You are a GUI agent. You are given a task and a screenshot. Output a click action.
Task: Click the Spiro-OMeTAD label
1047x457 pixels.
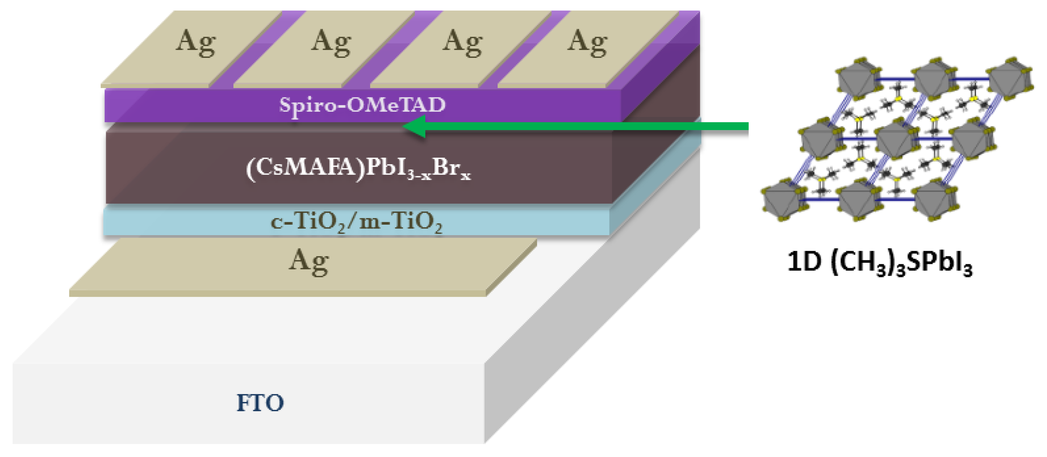point(362,105)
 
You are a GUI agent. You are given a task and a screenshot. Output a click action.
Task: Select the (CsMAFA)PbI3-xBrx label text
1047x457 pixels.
point(358,168)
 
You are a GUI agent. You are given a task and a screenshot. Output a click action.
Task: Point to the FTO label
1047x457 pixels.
point(260,403)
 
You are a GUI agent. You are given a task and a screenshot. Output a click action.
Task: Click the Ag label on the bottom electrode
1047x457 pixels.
point(309,261)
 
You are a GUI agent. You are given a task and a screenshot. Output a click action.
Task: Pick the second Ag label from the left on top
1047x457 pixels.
point(331,42)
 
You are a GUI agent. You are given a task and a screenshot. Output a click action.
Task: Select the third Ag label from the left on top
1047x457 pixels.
point(462,42)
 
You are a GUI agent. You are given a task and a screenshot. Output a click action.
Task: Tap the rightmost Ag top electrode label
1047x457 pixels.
point(587,42)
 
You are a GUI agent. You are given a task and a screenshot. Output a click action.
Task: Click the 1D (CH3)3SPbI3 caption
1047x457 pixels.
point(880,262)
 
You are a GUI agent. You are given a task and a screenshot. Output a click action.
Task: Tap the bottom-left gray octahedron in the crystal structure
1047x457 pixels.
point(780,201)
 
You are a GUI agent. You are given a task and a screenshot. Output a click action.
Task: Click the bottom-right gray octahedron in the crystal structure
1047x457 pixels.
point(935,201)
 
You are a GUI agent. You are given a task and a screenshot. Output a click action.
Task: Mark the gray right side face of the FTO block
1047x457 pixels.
point(589,325)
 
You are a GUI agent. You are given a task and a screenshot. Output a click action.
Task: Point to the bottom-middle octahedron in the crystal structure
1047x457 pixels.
point(857,201)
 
